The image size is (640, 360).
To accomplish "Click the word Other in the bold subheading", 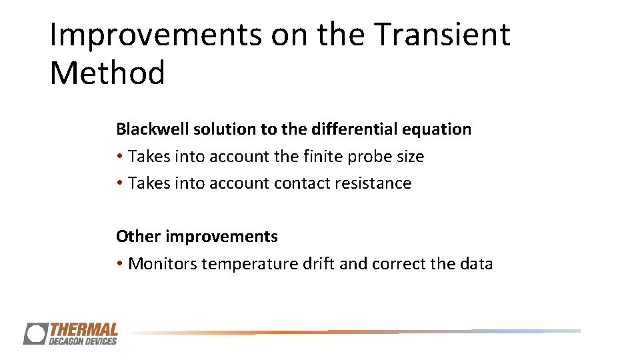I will coord(138,236).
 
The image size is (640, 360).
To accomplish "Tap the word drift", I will coord(319,263).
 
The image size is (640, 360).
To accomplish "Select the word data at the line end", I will coord(476,263).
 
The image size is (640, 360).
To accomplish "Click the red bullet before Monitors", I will coord(119,264).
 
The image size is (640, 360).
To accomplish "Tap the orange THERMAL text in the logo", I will coord(83,329).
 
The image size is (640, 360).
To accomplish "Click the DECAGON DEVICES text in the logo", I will coord(82,341).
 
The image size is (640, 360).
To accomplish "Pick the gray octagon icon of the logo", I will coord(35,333).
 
